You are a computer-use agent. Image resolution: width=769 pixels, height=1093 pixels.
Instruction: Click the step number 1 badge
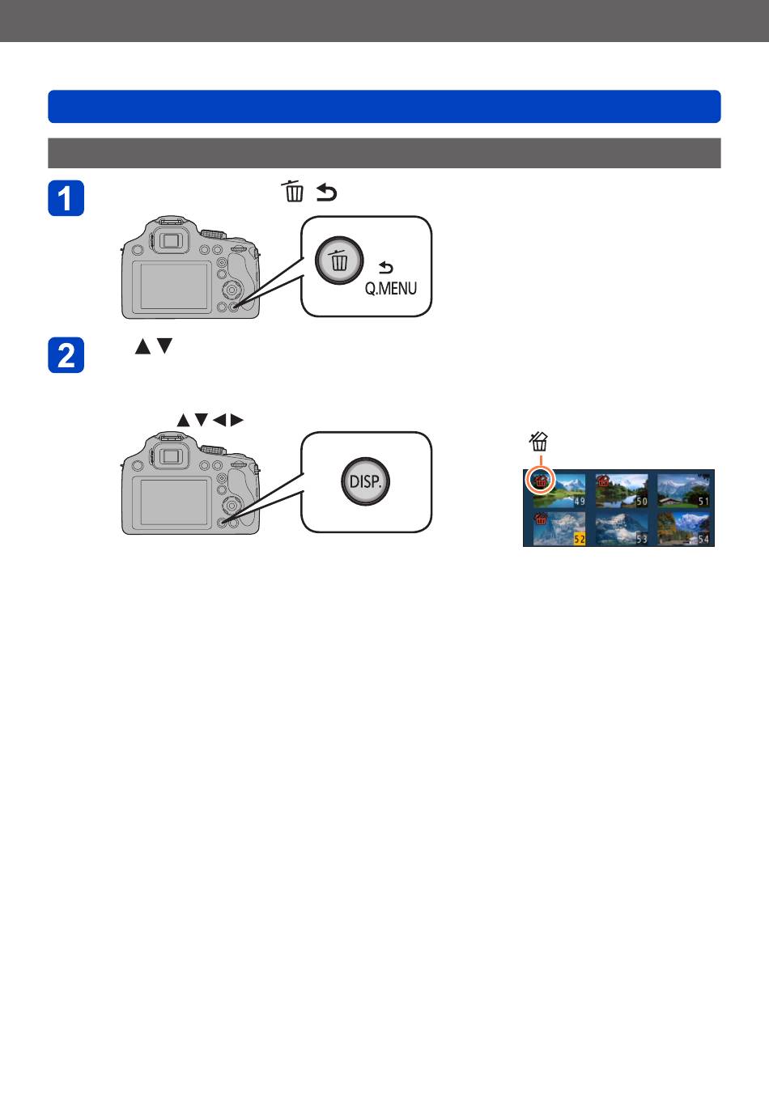(x=66, y=198)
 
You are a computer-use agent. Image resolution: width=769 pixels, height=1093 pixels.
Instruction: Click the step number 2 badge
(x=66, y=355)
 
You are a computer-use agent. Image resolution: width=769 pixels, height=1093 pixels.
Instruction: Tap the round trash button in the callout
(x=339, y=261)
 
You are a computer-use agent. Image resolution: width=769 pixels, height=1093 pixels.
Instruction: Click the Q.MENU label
(x=390, y=288)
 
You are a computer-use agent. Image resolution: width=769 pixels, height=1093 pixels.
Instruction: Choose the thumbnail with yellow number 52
(x=559, y=529)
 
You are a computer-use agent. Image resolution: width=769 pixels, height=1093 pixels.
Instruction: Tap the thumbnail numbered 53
(x=622, y=529)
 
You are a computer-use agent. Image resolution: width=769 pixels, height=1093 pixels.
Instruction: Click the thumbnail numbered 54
(x=684, y=529)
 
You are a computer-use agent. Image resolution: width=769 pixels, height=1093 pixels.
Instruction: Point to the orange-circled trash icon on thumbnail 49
(x=540, y=481)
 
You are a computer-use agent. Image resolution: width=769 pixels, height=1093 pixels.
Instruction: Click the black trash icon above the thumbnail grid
(x=539, y=442)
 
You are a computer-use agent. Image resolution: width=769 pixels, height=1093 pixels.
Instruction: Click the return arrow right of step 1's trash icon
(x=326, y=193)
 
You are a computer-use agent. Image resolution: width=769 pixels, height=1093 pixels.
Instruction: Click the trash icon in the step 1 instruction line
(x=294, y=192)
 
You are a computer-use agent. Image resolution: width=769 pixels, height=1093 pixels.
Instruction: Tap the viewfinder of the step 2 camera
(x=170, y=456)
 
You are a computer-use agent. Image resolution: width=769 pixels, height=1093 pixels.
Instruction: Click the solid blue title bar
(x=384, y=106)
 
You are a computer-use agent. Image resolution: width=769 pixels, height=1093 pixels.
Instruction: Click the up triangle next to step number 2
(x=142, y=346)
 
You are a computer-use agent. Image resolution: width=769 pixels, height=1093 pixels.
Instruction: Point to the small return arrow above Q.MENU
(x=386, y=267)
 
